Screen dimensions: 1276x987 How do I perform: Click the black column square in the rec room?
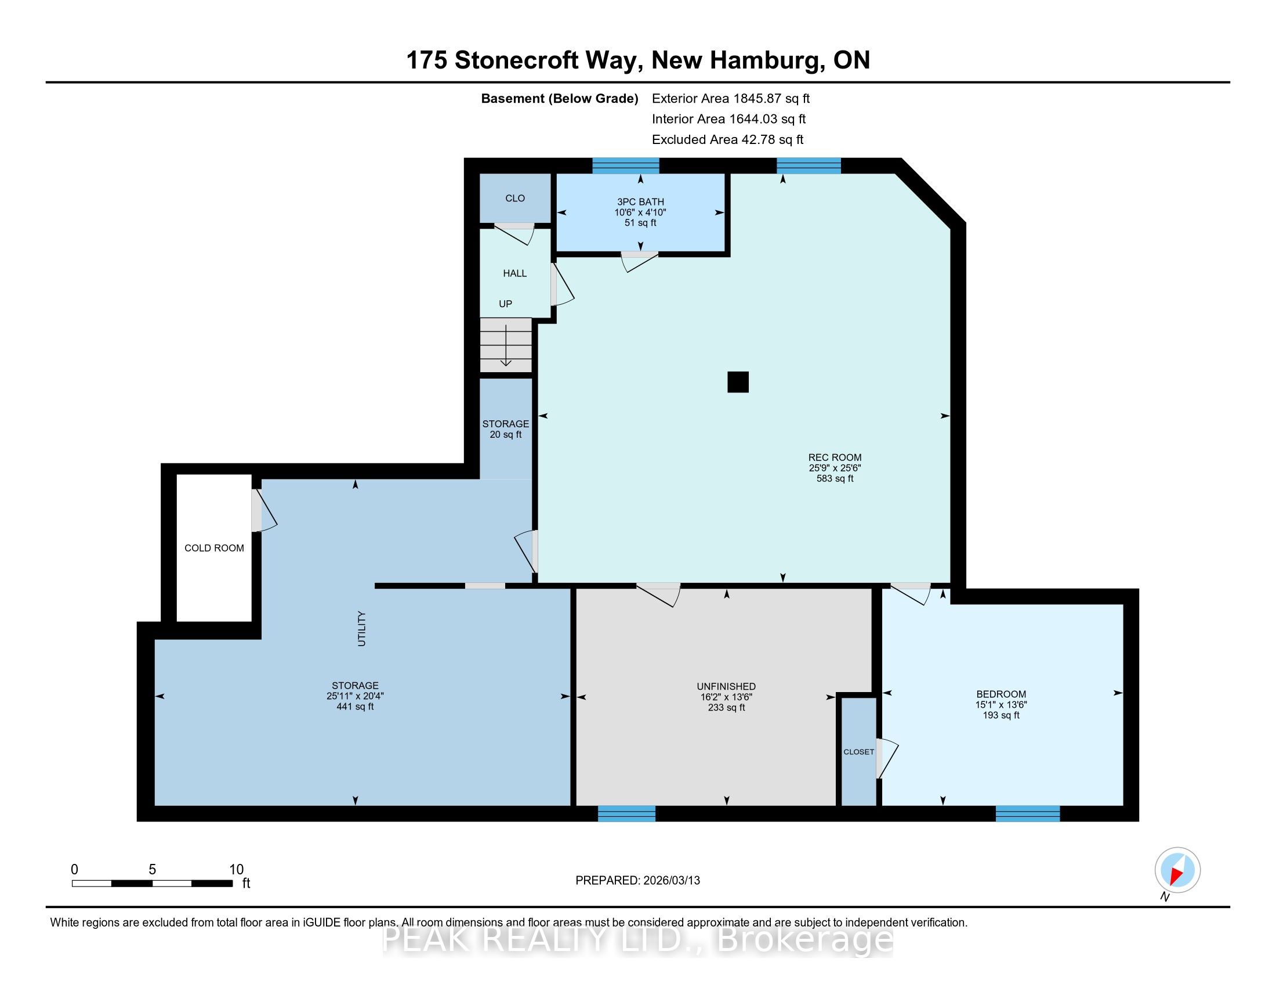click(x=738, y=382)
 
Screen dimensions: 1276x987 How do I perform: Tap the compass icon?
click(x=1177, y=870)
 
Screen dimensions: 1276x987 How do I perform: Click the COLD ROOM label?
click(x=215, y=548)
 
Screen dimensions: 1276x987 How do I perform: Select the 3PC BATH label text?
click(x=640, y=201)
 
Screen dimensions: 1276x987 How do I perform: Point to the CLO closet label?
click(x=514, y=198)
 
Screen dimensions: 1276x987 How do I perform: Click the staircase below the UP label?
click(x=506, y=345)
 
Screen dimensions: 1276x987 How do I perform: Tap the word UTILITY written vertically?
click(x=362, y=629)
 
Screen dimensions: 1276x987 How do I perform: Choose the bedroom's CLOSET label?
click(x=859, y=752)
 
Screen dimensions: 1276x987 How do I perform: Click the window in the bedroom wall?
click(x=1028, y=813)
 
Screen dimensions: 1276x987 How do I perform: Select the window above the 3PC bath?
click(x=626, y=166)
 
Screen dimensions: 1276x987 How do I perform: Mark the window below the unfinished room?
click(x=626, y=813)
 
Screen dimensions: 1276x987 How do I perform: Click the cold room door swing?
click(x=264, y=510)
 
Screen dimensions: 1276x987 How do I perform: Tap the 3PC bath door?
click(x=639, y=261)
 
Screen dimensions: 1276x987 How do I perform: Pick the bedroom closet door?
click(x=887, y=758)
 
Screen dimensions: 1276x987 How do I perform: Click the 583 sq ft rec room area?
click(x=835, y=478)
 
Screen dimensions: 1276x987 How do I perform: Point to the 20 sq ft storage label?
click(x=506, y=434)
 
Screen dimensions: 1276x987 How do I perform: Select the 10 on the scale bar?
click(x=236, y=870)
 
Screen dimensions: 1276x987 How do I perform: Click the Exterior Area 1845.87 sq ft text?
click(x=731, y=98)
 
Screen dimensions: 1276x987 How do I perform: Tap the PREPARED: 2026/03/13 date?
click(x=637, y=881)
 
